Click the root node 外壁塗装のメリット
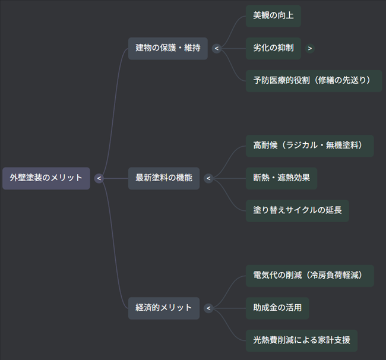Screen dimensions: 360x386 point(46,178)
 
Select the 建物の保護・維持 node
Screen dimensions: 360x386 point(167,48)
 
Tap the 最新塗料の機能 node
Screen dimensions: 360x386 point(164,178)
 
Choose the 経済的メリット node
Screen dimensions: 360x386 point(163,308)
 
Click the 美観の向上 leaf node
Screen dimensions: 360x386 point(273,16)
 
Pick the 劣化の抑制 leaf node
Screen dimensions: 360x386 point(273,48)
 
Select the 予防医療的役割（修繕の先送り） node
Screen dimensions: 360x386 point(314,80)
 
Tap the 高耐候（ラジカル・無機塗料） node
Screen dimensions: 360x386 point(309,146)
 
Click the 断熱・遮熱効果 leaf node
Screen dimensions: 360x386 point(281,178)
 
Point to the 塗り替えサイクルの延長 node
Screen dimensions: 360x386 point(297,210)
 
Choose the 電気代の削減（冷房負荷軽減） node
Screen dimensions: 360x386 point(309,276)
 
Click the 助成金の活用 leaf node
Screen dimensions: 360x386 point(277,308)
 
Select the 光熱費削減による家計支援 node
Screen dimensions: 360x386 point(301,340)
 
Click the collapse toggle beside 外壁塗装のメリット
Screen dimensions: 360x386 point(99,178)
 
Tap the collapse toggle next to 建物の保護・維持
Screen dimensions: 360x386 point(217,48)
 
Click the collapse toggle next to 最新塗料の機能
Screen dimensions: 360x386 point(208,178)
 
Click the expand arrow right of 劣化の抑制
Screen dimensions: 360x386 point(310,48)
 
